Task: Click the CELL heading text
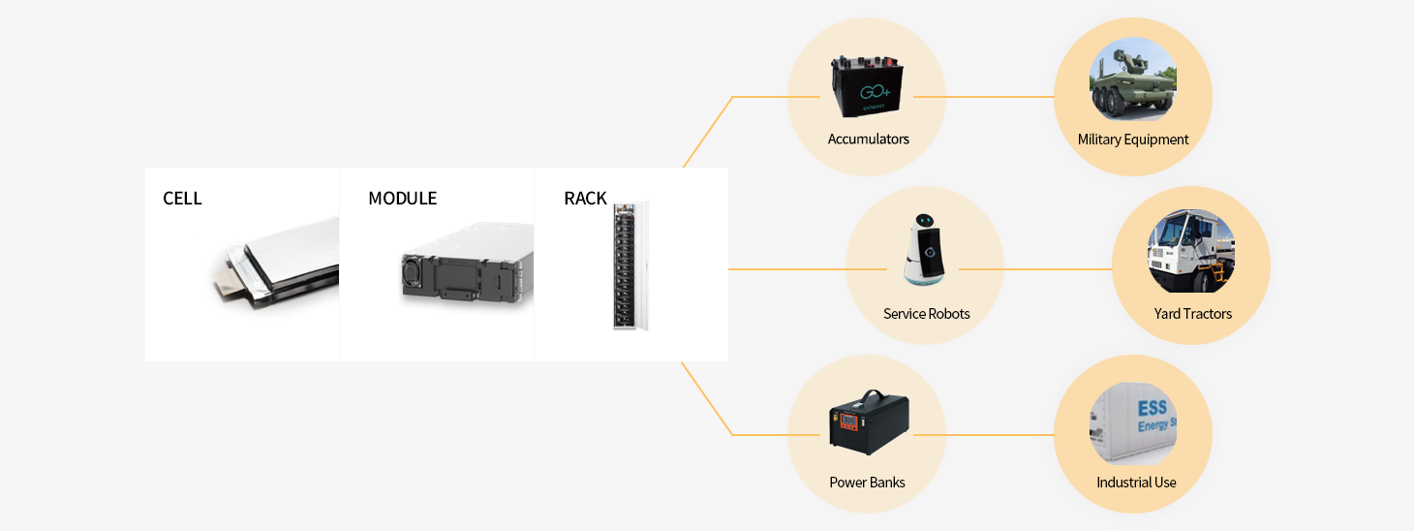(x=182, y=199)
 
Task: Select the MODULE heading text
(x=402, y=199)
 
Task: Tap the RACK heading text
(x=585, y=199)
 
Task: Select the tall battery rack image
(x=629, y=265)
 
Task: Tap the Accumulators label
(x=868, y=140)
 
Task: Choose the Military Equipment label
(x=1132, y=140)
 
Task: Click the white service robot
(x=926, y=251)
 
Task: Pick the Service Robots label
(x=926, y=314)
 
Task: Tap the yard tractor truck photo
(x=1190, y=251)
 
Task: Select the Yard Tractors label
(x=1192, y=314)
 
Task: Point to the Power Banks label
(x=867, y=483)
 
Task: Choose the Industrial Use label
(x=1136, y=483)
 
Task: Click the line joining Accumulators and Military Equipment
(x=983, y=97)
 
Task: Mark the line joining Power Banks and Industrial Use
(x=983, y=435)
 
